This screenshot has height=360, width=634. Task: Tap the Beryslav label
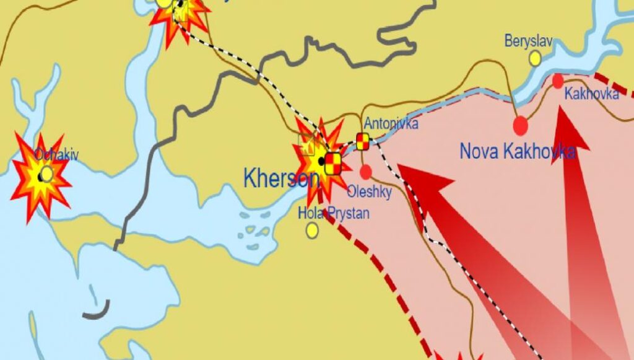[528, 42]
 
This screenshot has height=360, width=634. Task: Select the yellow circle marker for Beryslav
[535, 58]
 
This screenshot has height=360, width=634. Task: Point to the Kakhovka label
[592, 94]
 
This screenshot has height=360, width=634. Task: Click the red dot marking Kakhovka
[558, 81]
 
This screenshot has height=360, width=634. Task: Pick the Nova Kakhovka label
[518, 151]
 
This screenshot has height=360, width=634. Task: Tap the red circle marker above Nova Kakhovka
[521, 125]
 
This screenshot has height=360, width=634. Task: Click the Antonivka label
[391, 123]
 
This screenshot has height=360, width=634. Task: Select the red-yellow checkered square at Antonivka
[363, 141]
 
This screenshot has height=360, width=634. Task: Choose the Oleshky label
[369, 192]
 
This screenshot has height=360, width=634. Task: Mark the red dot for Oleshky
[366, 172]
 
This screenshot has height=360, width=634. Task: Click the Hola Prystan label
[333, 214]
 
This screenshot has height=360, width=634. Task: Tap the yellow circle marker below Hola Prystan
[312, 230]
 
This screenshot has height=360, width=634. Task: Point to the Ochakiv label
[56, 156]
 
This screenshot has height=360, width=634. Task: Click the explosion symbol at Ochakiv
[41, 176]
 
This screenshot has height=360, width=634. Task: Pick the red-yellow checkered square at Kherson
[333, 164]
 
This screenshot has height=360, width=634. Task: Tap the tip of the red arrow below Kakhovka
[560, 107]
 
